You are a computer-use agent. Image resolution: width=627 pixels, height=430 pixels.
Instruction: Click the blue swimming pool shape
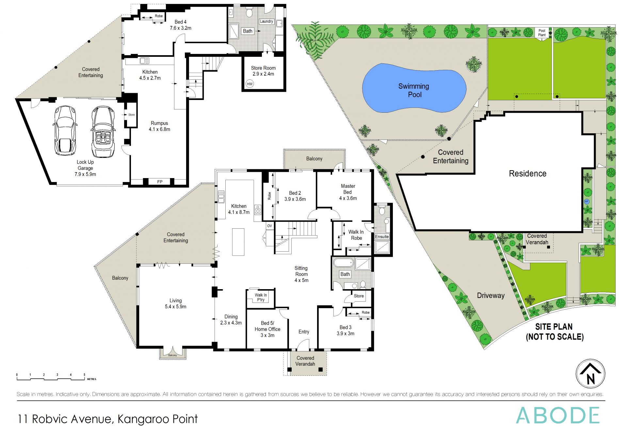(414, 88)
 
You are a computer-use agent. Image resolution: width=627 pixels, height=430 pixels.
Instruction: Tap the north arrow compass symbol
(590, 373)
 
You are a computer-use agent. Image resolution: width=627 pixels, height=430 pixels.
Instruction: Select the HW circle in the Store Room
(249, 84)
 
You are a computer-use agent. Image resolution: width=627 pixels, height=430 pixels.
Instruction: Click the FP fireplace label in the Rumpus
(160, 182)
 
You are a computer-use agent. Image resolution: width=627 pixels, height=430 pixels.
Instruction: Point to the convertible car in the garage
(103, 131)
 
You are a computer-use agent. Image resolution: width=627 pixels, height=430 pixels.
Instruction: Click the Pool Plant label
(542, 33)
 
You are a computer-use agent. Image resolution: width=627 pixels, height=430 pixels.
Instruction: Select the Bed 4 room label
(180, 22)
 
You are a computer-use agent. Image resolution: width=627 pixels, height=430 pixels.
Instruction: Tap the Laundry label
(266, 22)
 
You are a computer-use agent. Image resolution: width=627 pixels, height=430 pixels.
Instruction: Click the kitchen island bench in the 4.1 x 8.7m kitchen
(238, 242)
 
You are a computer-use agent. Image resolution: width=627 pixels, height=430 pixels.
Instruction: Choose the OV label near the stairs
(269, 226)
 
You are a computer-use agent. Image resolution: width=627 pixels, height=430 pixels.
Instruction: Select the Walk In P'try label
(261, 297)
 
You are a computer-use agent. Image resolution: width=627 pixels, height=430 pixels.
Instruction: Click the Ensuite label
(382, 237)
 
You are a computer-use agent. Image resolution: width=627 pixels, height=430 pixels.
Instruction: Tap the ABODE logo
(558, 416)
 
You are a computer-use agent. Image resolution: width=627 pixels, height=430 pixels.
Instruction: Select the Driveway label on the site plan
(490, 296)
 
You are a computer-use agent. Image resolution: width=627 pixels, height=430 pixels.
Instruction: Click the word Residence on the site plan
(527, 174)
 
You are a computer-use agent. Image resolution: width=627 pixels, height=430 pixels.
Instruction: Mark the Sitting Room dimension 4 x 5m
(301, 280)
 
